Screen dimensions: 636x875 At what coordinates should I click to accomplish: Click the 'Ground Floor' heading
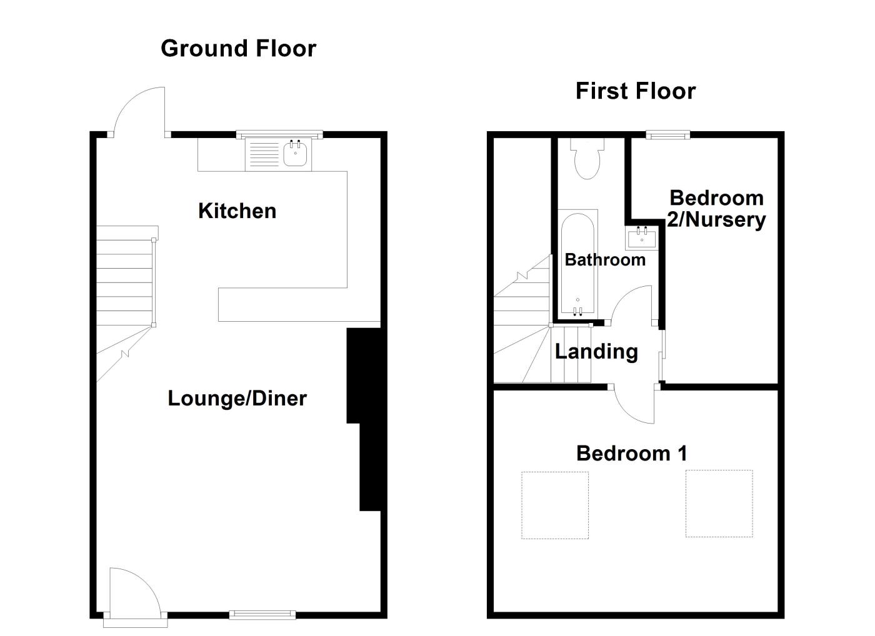pos(238,49)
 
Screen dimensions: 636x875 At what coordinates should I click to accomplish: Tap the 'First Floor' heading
pos(635,91)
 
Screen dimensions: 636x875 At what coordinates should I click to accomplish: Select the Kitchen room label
pos(237,211)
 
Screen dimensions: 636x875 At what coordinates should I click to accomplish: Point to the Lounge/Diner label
pos(237,399)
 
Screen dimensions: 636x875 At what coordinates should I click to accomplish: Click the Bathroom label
pos(604,260)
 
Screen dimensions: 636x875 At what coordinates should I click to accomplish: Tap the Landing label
pos(596,352)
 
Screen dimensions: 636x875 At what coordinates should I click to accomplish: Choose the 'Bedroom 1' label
pos(631,453)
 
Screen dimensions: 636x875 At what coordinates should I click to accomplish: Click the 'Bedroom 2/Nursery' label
pos(716,209)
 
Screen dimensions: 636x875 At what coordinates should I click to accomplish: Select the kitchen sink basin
pos(297,154)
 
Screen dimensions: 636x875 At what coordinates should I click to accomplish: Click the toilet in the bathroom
pos(587,158)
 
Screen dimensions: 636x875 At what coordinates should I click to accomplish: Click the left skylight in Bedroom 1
pos(555,505)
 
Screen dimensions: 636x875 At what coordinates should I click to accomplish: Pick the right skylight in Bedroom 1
pos(719,503)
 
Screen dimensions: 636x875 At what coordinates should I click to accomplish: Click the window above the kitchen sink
pos(279,134)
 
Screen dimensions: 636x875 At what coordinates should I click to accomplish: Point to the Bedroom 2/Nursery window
pos(667,134)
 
